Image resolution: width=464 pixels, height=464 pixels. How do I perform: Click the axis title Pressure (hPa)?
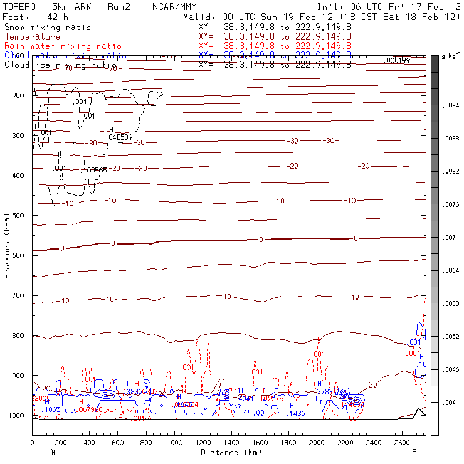(7, 245)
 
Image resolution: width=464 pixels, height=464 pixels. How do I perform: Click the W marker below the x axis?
(53, 452)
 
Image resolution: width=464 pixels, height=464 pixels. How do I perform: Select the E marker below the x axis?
(414, 452)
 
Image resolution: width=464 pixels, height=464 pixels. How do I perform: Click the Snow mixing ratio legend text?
(47, 28)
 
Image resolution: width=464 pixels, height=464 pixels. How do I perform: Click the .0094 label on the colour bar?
(452, 106)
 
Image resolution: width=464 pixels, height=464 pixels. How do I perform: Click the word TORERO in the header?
(19, 6)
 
